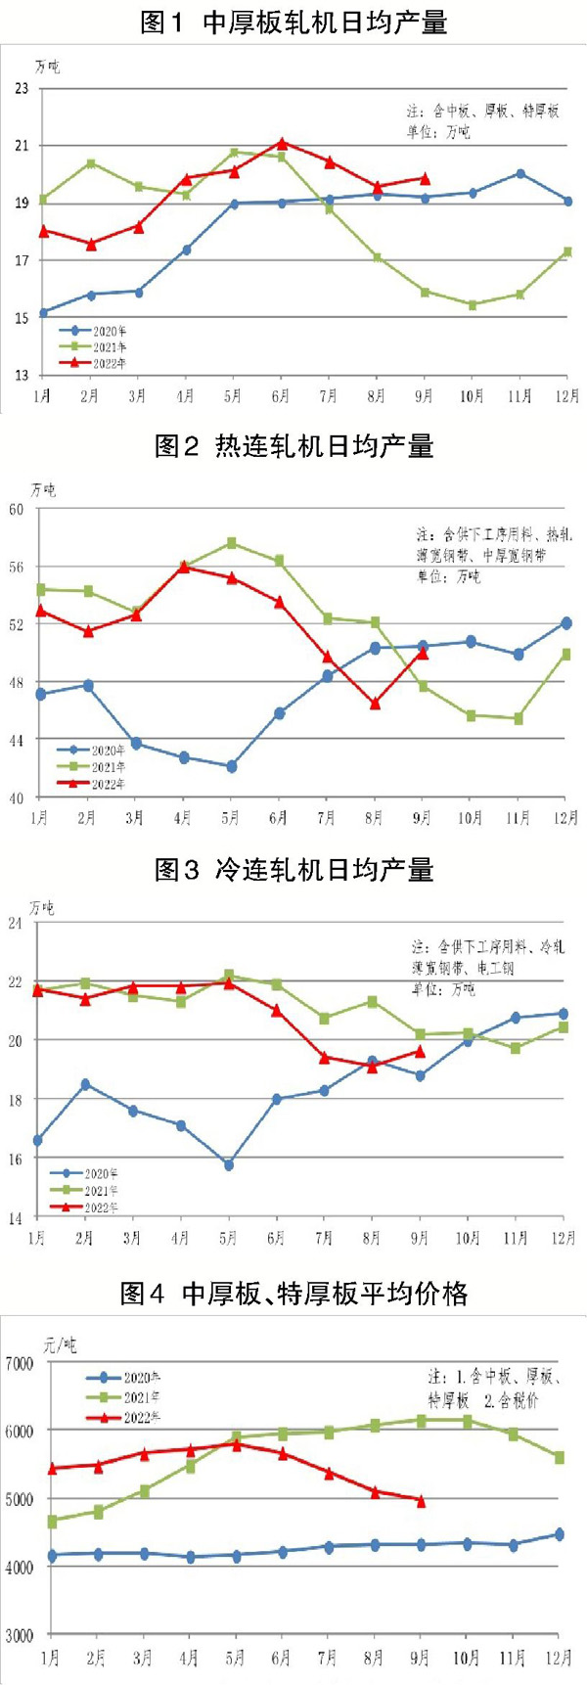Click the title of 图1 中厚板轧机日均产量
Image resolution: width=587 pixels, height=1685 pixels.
tap(293, 22)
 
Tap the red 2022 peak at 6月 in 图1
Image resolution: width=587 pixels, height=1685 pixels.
tap(282, 144)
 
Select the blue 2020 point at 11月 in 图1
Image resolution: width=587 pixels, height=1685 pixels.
tap(520, 174)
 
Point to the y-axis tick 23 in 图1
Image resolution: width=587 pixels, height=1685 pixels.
tap(21, 89)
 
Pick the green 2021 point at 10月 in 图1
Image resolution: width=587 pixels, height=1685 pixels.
tap(473, 305)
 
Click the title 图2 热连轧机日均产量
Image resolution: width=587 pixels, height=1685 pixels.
tap(293, 447)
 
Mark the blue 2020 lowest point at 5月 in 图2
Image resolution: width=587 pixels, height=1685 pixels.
tap(232, 767)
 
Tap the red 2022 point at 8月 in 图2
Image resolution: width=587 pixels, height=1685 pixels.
tap(375, 704)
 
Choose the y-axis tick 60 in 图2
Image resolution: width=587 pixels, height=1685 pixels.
tap(17, 510)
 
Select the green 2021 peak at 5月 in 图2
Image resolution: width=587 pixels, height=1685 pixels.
tap(232, 543)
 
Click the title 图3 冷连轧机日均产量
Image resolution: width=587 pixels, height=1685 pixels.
tap(293, 870)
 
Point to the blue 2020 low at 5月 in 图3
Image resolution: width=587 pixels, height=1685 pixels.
tap(229, 1165)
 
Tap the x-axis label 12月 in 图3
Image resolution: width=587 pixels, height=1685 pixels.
tap(564, 1238)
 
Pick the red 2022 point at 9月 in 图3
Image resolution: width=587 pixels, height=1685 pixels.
tap(420, 1052)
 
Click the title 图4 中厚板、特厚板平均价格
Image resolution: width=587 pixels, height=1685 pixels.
tap(293, 1294)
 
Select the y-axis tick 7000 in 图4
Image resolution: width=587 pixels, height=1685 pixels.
tap(20, 1363)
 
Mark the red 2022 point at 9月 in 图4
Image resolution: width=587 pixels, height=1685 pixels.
tap(421, 1501)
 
